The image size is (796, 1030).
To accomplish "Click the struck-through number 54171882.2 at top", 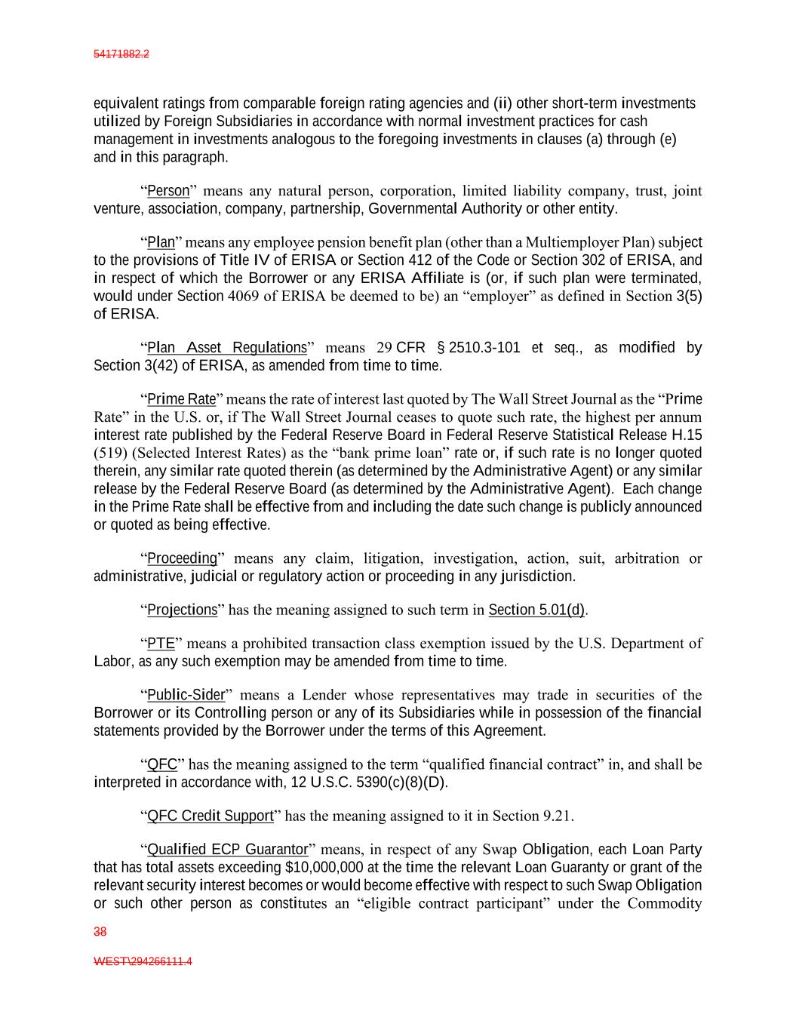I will (121, 54).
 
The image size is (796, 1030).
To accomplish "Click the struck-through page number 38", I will (100, 932).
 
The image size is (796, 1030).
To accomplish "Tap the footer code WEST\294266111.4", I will (143, 962).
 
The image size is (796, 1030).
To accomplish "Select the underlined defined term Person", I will (167, 190).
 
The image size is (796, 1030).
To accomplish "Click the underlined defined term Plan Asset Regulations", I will (226, 348).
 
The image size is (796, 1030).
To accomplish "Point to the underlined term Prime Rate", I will (181, 399).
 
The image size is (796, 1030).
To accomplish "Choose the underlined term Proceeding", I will (182, 558).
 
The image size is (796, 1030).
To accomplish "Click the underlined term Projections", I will (182, 610).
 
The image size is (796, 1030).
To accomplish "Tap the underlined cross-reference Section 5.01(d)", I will (536, 610).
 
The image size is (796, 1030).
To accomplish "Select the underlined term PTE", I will (161, 644).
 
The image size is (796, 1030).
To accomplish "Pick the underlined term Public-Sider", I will (186, 695).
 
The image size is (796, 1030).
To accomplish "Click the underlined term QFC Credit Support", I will (210, 816).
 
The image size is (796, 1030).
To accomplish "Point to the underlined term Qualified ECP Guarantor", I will (227, 850).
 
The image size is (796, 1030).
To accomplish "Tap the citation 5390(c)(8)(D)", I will (405, 782).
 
